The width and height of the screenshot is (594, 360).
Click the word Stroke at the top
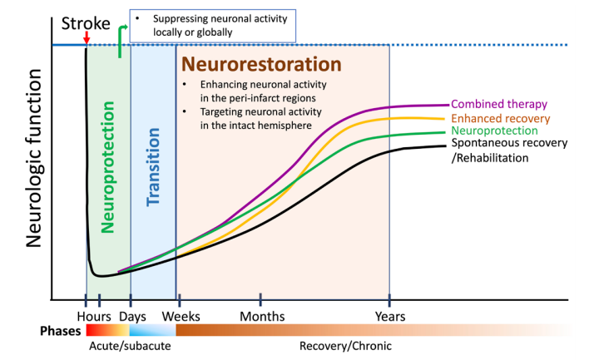tap(86, 23)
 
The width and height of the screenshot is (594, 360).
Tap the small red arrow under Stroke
tap(87, 37)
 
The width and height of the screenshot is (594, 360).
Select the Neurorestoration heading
tap(261, 64)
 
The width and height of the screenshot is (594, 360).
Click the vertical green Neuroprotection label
tap(108, 167)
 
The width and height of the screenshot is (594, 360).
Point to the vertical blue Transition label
tap(153, 167)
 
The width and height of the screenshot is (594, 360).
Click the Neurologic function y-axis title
tap(34, 158)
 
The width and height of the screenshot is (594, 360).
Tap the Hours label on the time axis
tap(94, 317)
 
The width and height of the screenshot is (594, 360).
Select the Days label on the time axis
tap(132, 317)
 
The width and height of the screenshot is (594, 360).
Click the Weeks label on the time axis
tap(181, 317)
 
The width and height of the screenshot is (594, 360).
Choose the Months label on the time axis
tap(262, 317)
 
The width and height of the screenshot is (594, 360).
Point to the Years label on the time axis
tap(390, 317)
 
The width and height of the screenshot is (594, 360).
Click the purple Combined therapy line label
tap(499, 104)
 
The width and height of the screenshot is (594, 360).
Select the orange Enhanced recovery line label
tap(501, 119)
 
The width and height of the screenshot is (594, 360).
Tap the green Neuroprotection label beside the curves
tap(494, 131)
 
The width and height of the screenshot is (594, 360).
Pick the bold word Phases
tap(61, 331)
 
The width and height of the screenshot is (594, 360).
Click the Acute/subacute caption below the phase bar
tap(130, 346)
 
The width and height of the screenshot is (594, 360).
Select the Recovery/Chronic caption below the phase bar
tap(345, 346)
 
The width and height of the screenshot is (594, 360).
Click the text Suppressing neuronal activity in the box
tap(220, 18)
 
